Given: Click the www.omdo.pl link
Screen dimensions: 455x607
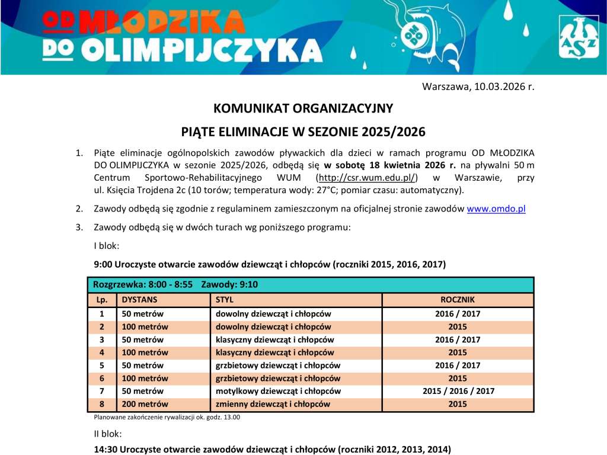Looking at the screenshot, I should [496, 209].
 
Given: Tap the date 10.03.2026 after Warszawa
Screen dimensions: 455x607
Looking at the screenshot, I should [501, 86].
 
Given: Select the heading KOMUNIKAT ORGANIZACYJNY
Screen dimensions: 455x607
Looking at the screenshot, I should [303, 108].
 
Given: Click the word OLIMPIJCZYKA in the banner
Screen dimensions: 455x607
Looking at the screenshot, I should [202, 52].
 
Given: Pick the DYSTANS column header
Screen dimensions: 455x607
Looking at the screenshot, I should [139, 300].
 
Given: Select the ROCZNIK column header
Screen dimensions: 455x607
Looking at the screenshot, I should [458, 300].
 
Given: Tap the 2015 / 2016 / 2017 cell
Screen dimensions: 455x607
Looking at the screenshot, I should [458, 391].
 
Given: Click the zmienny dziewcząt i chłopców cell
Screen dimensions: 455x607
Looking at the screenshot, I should [272, 404].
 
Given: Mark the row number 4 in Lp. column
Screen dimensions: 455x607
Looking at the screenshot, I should [101, 353].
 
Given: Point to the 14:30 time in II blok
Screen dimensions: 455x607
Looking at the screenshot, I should [104, 449].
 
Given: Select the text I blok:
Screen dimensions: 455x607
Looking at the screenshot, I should [107, 245].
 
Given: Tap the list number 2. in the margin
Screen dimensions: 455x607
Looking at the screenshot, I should [79, 209].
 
